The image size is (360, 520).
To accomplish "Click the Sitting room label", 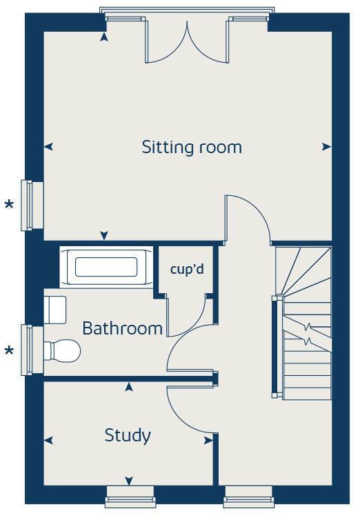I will tap(192, 147).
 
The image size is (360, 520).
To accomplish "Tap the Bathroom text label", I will tap(122, 328).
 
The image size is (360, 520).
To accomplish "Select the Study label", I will tap(128, 435).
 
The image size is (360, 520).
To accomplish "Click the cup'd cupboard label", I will tap(187, 269).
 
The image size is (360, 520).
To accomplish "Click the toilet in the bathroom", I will tap(61, 351).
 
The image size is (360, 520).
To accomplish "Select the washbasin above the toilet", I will tap(54, 310).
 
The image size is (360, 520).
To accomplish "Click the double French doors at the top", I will tap(186, 41).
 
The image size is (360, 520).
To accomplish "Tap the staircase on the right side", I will tap(303, 321).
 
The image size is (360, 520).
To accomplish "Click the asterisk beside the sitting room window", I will tap(9, 205).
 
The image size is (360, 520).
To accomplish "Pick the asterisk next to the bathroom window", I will tap(9, 352).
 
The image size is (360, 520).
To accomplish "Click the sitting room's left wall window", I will tap(27, 205).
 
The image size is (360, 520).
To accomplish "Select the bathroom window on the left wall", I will tap(27, 350).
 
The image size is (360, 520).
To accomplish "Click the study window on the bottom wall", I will tap(129, 495).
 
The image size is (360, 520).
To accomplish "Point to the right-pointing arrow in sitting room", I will tap(326, 147).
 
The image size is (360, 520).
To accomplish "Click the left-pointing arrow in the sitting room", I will tap(49, 147).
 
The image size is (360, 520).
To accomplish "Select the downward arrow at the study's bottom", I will tap(129, 481).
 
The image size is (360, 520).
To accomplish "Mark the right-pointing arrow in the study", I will tap(208, 439).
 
